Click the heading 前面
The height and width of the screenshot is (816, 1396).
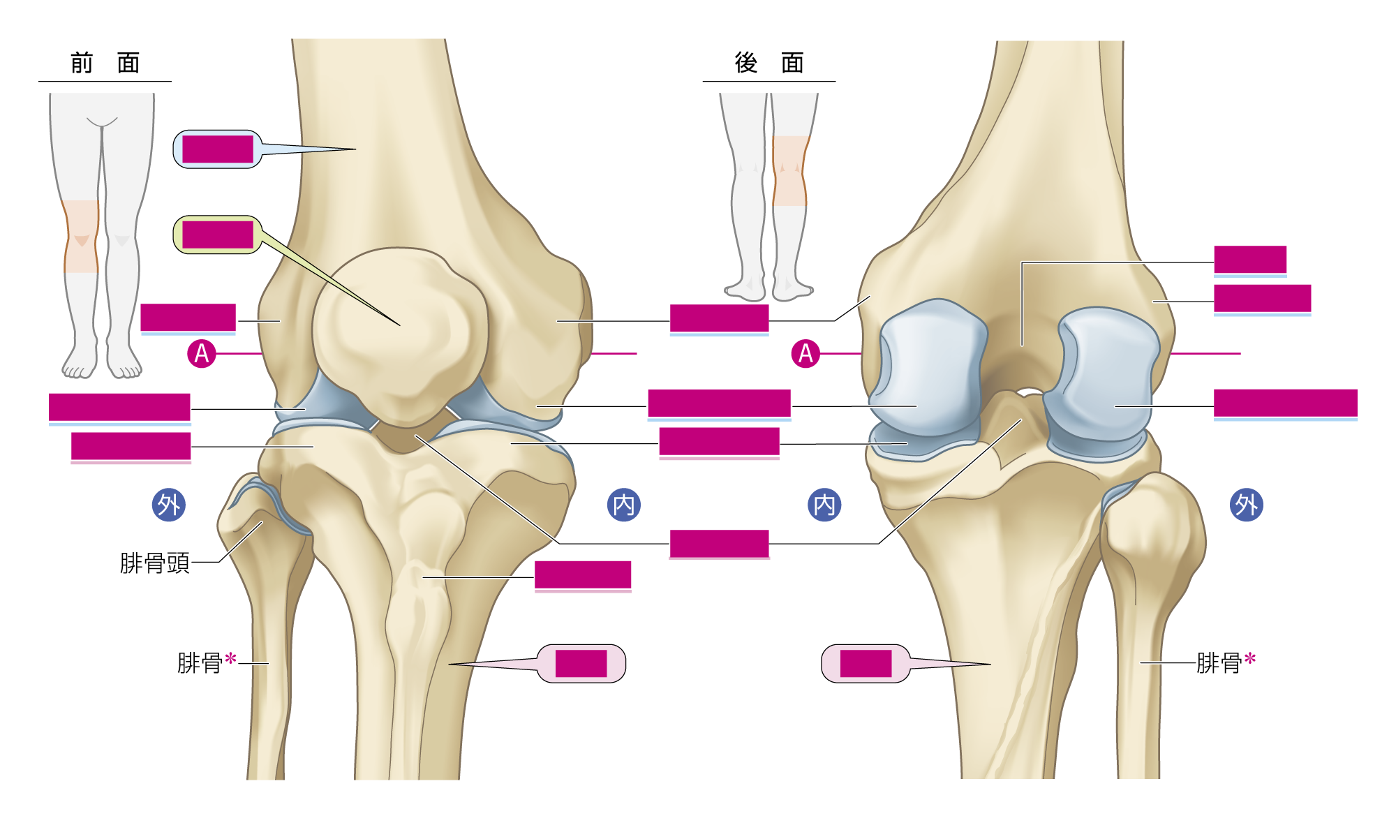[x=105, y=63]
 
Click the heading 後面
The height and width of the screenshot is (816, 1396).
[x=769, y=63]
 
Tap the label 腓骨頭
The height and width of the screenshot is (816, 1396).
[x=155, y=563]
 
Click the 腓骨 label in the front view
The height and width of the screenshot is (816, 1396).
[x=200, y=662]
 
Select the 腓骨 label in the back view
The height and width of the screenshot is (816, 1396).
[x=1219, y=662]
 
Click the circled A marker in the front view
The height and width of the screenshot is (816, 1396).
[x=202, y=354]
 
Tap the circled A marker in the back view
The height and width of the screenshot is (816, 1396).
[x=805, y=354]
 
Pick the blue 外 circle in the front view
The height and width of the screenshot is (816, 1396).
[x=169, y=505]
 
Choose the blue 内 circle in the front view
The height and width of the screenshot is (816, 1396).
[x=624, y=505]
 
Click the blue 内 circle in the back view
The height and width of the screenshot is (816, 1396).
[x=824, y=505]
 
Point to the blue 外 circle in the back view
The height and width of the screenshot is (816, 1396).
[x=1247, y=505]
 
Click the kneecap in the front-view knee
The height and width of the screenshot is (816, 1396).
[x=400, y=335]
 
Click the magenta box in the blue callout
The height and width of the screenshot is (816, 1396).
[x=218, y=149]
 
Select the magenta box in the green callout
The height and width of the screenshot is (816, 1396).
[x=218, y=235]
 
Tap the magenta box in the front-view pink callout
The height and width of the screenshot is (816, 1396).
[x=581, y=663]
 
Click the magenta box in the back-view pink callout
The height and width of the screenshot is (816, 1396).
[x=866, y=663]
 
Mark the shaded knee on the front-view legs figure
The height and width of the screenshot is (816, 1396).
[x=82, y=237]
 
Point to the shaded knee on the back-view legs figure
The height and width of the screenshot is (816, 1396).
[x=790, y=171]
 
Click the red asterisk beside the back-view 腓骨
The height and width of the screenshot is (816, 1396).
[x=1250, y=658]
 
